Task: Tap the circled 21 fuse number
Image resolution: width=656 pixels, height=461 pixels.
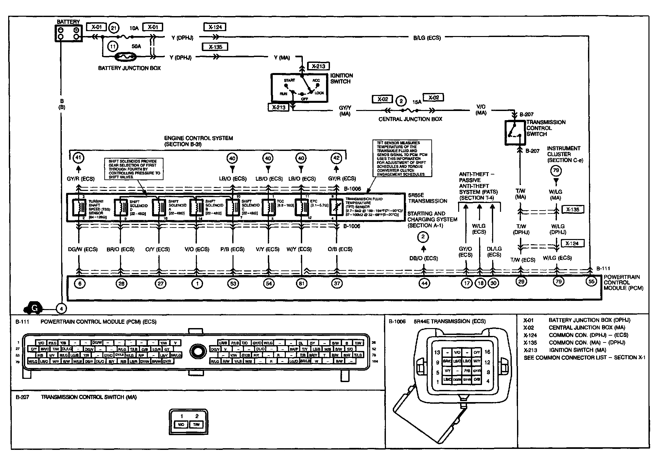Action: (113, 28)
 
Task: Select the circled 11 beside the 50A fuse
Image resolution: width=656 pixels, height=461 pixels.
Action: (112, 47)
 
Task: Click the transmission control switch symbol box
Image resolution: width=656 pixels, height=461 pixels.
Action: (515, 132)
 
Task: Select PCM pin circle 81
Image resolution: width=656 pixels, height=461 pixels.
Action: (301, 283)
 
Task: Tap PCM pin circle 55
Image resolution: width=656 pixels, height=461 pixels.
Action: (591, 282)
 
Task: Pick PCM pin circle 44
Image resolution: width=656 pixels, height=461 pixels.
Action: (424, 283)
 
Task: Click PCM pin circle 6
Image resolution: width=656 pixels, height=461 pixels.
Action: (79, 283)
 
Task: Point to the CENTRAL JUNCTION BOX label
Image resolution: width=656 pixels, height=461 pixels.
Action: (410, 119)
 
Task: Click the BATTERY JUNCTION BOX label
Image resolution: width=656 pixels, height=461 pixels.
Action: (129, 68)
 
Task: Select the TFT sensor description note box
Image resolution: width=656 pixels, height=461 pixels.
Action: (402, 158)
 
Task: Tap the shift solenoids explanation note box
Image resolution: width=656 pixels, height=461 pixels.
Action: (135, 169)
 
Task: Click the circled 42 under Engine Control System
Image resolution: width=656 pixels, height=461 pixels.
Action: (336, 158)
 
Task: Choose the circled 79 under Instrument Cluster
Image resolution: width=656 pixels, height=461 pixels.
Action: (556, 170)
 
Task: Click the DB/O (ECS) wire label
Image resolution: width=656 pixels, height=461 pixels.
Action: (423, 258)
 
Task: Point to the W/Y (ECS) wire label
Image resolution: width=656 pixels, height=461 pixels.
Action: (299, 249)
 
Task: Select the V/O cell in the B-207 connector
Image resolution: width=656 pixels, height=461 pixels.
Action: (181, 425)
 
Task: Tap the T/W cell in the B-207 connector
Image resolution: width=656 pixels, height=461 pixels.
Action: (196, 425)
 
